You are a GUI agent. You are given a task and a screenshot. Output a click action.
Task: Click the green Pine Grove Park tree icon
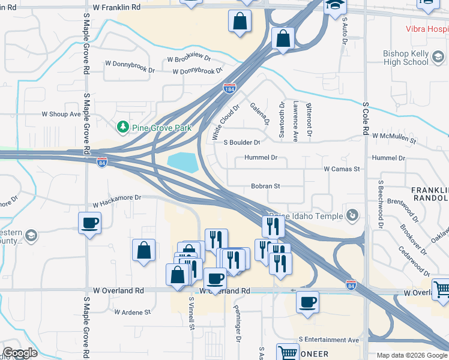[122, 127]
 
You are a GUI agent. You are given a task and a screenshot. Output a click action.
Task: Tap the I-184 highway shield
[229, 88]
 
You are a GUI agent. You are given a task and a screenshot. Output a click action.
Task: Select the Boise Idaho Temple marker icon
[353, 215]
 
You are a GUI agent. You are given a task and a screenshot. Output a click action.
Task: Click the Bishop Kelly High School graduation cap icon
[438, 58]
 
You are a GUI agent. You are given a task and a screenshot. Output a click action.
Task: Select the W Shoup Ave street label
[61, 114]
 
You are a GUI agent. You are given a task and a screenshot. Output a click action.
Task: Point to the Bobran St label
[265, 187]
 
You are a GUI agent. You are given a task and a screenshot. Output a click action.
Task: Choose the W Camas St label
[342, 169]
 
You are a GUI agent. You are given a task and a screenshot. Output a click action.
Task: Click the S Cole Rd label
[365, 120]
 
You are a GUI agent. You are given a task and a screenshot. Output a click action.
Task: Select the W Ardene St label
[132, 312]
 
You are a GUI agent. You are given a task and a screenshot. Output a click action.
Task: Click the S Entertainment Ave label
[328, 340]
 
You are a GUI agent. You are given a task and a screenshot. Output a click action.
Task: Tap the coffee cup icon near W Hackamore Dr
[90, 223]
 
